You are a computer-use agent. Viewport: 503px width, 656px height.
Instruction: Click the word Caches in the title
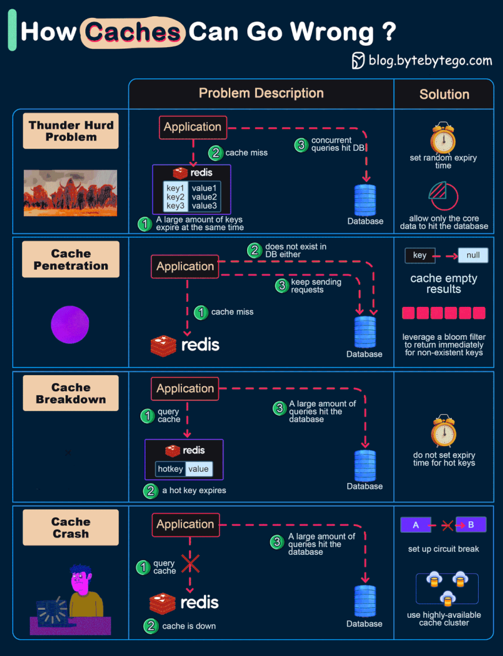[133, 32]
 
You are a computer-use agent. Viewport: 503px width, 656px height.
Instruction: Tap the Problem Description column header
[261, 94]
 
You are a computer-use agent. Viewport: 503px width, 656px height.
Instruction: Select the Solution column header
[444, 94]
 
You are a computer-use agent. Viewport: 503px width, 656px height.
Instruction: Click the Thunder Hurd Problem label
[71, 131]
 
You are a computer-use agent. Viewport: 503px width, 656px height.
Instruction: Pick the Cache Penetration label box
[71, 260]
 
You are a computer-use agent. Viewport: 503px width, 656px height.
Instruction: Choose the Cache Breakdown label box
[71, 393]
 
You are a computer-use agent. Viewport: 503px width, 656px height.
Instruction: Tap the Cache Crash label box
[71, 528]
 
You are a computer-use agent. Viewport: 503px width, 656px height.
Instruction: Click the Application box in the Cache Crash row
[185, 524]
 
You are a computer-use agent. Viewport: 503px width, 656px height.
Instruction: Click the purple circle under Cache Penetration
[70, 325]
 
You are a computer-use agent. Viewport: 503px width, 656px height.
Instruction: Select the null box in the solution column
[473, 255]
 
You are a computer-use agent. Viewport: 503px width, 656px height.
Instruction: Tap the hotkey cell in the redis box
[170, 469]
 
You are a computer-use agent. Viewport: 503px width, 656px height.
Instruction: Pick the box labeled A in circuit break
[416, 525]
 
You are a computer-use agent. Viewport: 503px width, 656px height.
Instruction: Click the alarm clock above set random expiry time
[443, 138]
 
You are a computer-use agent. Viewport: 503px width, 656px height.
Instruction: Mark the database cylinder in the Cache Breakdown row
[365, 465]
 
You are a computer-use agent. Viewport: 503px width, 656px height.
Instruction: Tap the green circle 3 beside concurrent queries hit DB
[300, 144]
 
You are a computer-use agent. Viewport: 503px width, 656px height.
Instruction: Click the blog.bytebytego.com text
[430, 61]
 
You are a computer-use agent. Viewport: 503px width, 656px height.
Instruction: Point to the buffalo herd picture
[70, 193]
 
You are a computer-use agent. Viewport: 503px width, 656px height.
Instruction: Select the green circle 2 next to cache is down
[151, 625]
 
